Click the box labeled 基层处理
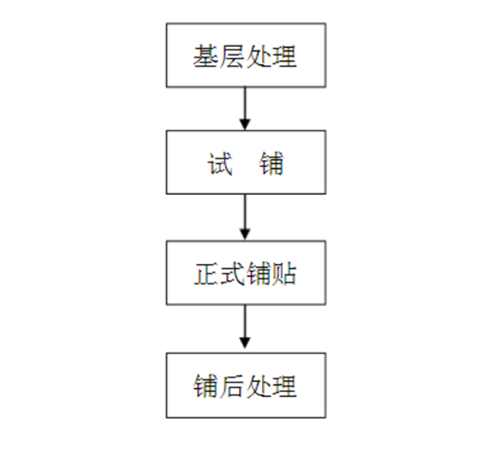tap(246, 55)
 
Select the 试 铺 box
tap(246, 162)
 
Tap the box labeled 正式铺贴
tap(246, 273)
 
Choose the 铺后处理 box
tap(246, 386)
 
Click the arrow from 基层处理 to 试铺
tap(245, 109)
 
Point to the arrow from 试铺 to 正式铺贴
tap(245, 218)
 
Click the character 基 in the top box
tap(206, 56)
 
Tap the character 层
tap(232, 56)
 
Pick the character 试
tap(220, 163)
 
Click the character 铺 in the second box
tap(272, 163)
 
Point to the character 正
tap(207, 274)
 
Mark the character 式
tap(232, 274)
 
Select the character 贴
tap(284, 274)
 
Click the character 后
tap(232, 386)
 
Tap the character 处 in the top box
tap(258, 56)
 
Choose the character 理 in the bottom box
tap(284, 386)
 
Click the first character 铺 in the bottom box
tap(206, 386)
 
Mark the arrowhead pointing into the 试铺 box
tap(245, 124)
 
